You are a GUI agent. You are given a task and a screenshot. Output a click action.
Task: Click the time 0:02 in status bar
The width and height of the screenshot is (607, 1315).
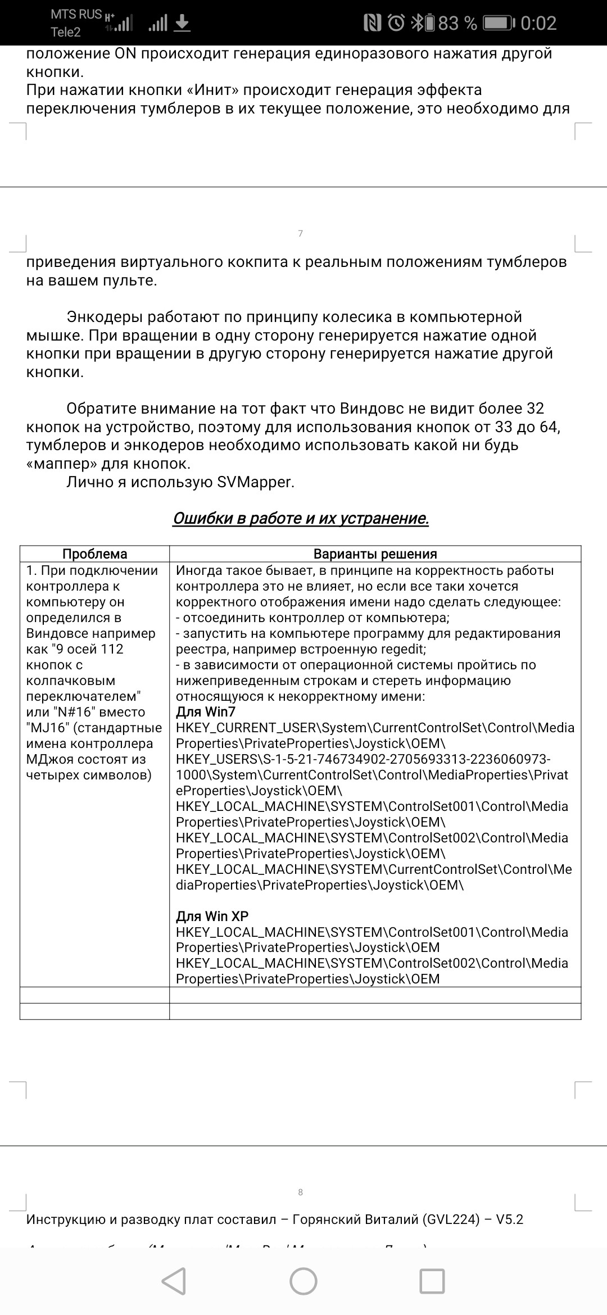[x=538, y=23]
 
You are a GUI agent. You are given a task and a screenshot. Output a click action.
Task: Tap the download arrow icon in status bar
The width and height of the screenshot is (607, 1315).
[x=183, y=23]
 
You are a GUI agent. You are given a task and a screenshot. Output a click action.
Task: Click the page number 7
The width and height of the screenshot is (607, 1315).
[x=301, y=233]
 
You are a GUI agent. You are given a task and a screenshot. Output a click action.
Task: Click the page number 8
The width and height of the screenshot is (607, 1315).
[x=301, y=1192]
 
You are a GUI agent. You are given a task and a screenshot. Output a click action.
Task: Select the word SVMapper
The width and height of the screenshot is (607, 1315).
[x=256, y=482]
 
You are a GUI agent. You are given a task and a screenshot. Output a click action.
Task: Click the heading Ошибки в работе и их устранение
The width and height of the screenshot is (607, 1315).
[x=301, y=518]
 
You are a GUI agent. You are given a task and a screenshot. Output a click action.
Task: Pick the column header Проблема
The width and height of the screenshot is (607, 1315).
[x=94, y=554]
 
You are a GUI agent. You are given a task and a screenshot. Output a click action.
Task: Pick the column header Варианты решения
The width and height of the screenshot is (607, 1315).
[x=375, y=554]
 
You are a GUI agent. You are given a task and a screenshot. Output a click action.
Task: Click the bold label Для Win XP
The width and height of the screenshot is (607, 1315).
[x=212, y=917]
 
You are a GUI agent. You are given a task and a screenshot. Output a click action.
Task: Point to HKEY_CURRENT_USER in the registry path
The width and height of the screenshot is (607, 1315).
[x=247, y=728]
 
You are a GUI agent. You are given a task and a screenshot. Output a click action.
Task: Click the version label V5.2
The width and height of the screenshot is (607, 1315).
[x=509, y=1219]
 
